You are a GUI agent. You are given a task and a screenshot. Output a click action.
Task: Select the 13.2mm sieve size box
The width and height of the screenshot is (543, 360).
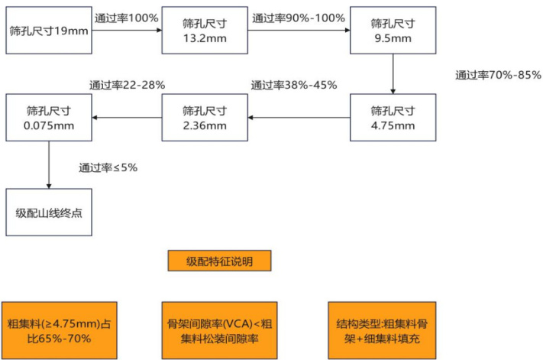point(205,31)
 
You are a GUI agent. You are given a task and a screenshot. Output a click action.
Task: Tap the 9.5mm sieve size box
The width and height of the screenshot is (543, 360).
point(393,31)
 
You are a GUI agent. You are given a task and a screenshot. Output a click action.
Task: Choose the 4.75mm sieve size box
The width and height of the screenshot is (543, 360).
point(393,118)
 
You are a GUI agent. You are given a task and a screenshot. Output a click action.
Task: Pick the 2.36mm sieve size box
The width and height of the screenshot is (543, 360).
point(205,118)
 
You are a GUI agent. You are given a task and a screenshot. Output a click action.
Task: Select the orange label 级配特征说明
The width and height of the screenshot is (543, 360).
point(220,261)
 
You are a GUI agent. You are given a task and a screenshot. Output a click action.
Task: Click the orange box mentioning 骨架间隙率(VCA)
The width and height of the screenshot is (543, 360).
point(220,330)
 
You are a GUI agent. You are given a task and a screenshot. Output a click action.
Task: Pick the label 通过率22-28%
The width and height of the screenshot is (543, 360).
point(127,86)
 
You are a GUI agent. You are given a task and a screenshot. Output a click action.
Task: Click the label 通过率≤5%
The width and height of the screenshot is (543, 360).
point(108,167)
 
